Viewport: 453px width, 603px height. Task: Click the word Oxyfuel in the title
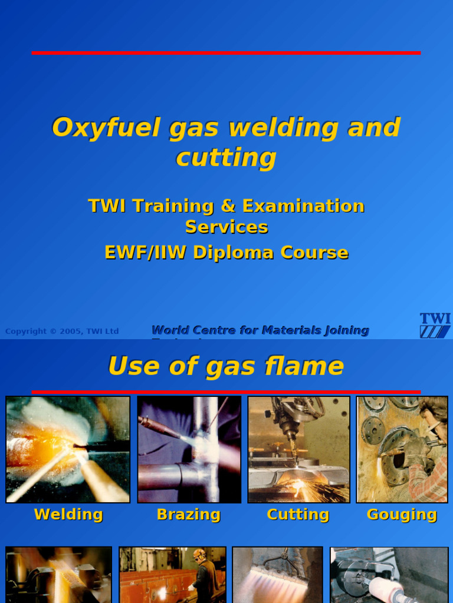click(x=106, y=128)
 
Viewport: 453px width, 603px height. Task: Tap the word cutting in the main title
click(x=226, y=158)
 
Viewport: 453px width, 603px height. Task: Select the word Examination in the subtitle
click(x=303, y=206)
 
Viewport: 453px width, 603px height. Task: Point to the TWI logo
click(x=435, y=325)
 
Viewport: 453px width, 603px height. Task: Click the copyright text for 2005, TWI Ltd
click(x=62, y=332)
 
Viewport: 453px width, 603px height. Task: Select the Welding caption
click(x=68, y=514)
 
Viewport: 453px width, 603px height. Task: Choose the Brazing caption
click(x=189, y=514)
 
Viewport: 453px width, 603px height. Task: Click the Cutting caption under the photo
click(x=298, y=514)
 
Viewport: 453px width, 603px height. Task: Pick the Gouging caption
click(x=402, y=514)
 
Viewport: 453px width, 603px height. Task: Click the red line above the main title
click(x=226, y=53)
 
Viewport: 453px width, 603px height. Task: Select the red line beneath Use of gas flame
click(x=226, y=392)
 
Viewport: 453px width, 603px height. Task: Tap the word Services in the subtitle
click(x=226, y=227)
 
